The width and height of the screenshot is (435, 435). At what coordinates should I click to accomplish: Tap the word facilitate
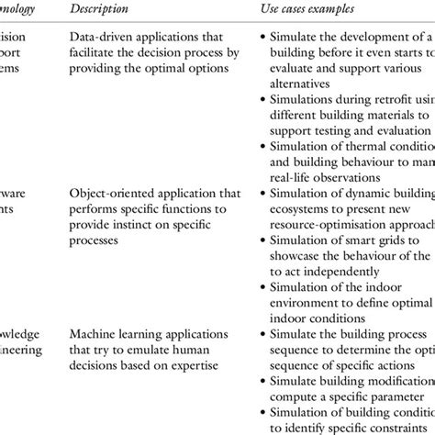tap(95, 54)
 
